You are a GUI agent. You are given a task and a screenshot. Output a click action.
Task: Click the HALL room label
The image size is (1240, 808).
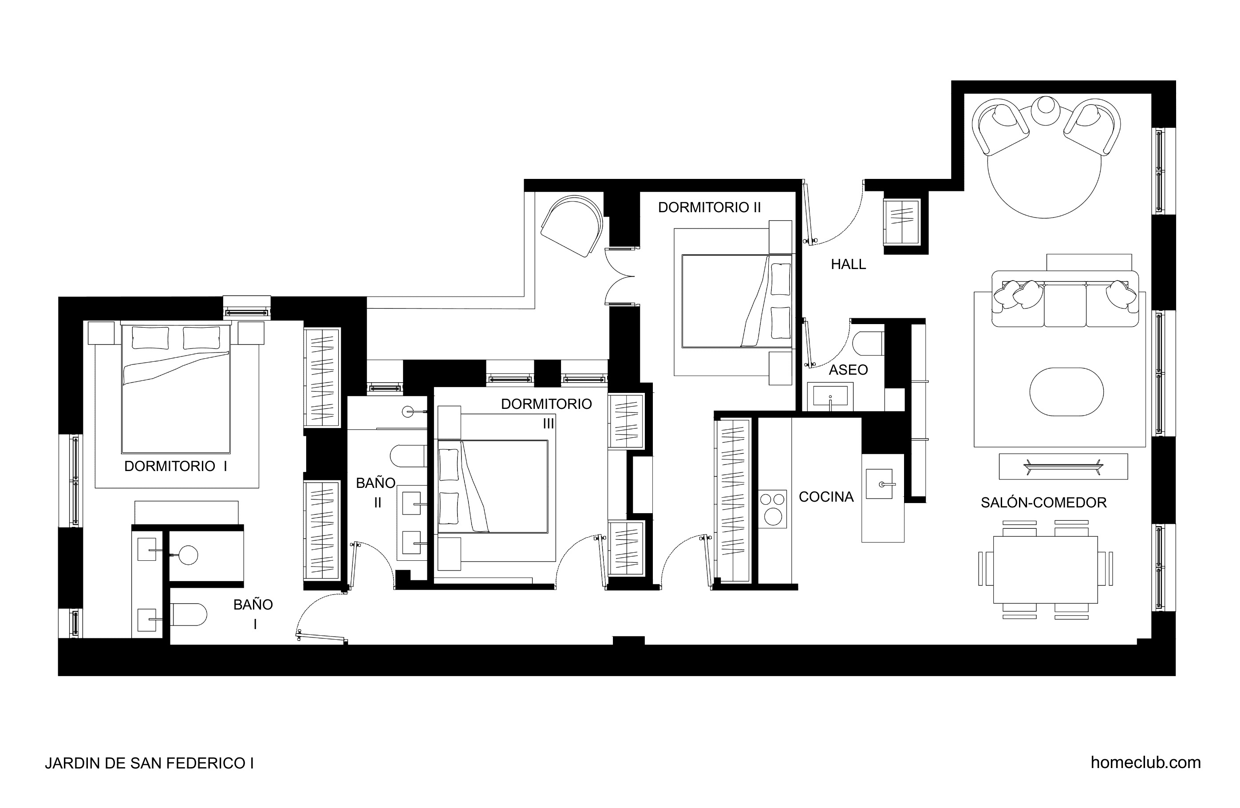[x=848, y=264]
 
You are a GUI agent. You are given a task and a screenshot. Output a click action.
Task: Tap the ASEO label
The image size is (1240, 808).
[x=848, y=370]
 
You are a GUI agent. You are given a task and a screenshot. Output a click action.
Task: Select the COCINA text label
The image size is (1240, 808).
[x=826, y=497]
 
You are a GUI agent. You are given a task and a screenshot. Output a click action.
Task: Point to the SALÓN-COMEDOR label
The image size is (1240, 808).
[x=1043, y=503]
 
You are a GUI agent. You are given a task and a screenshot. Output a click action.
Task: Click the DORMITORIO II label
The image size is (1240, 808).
[x=710, y=207]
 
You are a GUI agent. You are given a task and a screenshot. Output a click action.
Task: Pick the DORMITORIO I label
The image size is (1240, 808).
[x=176, y=466]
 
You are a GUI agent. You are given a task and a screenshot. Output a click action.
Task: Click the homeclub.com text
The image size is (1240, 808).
[x=1146, y=763]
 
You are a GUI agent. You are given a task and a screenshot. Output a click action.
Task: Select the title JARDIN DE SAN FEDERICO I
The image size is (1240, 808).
[x=150, y=763]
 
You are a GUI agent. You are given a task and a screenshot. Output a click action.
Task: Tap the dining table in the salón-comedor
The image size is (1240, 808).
[x=1046, y=569]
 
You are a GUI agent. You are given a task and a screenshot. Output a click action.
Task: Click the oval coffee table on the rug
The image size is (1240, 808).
[x=1066, y=392]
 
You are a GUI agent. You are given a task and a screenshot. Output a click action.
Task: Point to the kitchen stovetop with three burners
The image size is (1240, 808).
[x=773, y=509]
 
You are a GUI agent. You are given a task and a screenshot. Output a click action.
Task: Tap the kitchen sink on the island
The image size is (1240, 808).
[x=880, y=484]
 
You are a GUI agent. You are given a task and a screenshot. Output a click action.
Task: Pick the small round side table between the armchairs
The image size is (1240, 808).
[x=1046, y=110]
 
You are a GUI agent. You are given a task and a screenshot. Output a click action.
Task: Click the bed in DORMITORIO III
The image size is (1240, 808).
[x=493, y=487]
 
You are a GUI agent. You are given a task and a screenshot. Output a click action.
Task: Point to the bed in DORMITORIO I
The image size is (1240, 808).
[x=176, y=388]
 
